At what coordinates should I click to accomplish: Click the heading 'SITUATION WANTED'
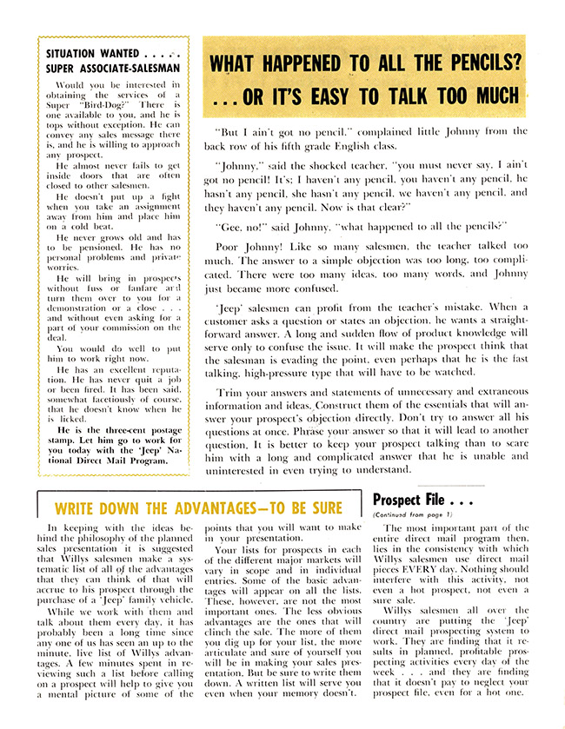(89, 52)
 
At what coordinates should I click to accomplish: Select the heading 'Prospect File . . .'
(422, 500)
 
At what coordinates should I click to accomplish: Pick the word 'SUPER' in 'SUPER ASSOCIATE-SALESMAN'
(63, 67)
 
